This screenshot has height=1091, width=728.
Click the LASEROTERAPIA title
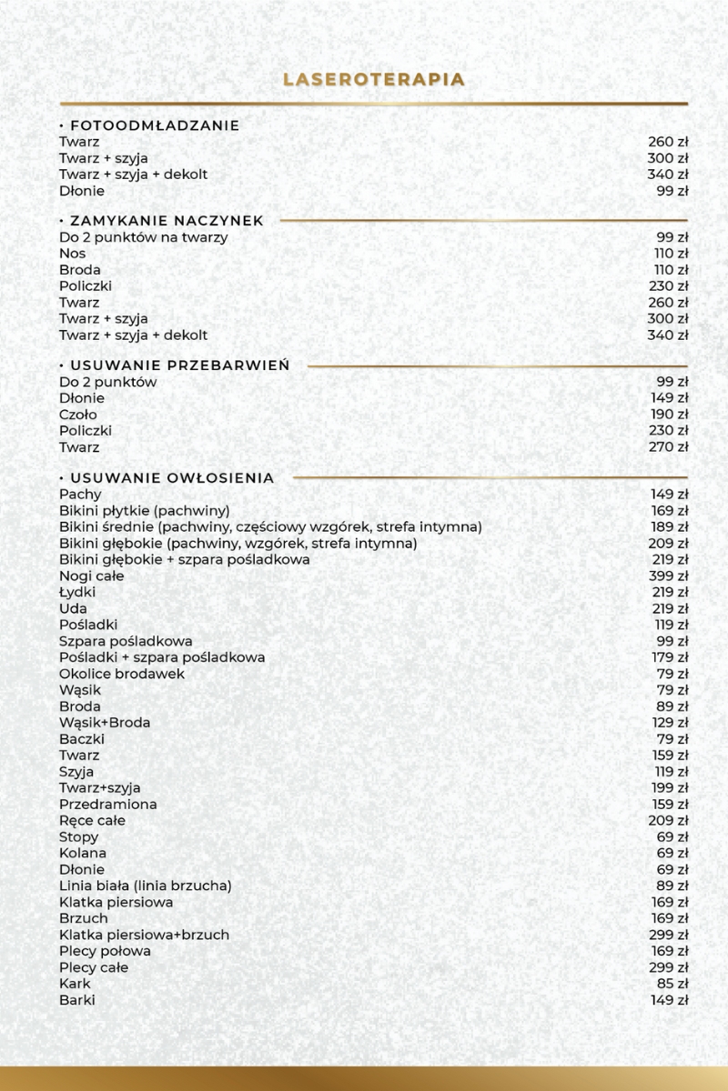point(374,80)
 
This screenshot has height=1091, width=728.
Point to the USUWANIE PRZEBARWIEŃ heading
point(174,365)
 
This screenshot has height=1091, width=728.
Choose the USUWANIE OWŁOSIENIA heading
point(167,478)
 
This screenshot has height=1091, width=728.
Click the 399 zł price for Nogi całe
point(669,576)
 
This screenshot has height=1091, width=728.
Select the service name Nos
point(73,254)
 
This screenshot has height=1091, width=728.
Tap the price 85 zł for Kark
point(672,984)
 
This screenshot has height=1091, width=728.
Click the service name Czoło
point(78,415)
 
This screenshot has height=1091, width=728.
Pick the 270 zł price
point(669,447)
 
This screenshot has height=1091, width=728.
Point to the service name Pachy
point(80,495)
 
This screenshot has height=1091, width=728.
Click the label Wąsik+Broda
point(105,723)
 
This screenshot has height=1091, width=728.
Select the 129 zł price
point(669,723)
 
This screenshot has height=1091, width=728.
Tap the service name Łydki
point(77,593)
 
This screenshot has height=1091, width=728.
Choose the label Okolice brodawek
point(122,674)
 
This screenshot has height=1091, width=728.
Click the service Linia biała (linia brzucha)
point(146,886)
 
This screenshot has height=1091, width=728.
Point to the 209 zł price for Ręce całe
point(669,821)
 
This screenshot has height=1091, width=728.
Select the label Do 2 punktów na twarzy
point(143,237)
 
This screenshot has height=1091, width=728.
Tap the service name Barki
point(77,1000)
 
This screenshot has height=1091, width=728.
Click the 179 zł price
point(669,657)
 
